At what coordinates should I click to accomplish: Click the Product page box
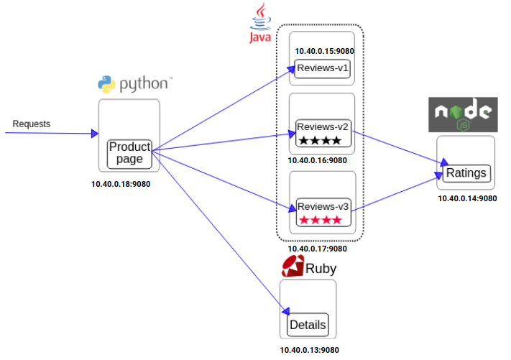click(x=129, y=154)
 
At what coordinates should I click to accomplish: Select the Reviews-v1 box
click(x=322, y=68)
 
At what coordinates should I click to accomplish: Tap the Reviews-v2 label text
click(x=322, y=126)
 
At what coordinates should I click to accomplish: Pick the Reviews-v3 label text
click(x=323, y=206)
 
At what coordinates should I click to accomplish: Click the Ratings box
click(x=466, y=173)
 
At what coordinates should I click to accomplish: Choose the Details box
click(x=308, y=325)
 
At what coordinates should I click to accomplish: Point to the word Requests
click(x=32, y=124)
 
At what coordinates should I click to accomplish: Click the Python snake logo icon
click(x=106, y=84)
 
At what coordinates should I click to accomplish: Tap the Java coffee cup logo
click(x=260, y=23)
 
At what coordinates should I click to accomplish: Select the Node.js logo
click(x=463, y=114)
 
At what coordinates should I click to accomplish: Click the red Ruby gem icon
click(x=293, y=266)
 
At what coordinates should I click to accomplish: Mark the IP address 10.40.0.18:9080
click(x=121, y=184)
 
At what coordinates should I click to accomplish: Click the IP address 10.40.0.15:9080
click(x=324, y=51)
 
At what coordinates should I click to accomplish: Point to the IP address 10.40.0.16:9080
click(x=317, y=160)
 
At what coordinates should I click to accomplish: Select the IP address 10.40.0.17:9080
click(x=317, y=249)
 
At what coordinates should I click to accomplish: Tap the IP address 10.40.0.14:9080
click(x=467, y=198)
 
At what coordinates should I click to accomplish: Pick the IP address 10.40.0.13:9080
click(x=309, y=350)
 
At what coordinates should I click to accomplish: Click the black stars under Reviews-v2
click(x=320, y=140)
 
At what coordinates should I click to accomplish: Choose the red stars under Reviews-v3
click(x=321, y=220)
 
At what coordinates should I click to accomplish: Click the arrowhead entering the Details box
click(x=286, y=311)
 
